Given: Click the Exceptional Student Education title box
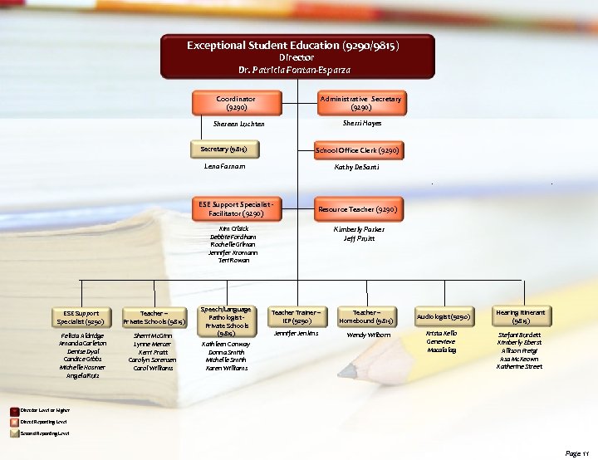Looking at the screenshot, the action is click(297, 56).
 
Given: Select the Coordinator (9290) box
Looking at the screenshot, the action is click(235, 103).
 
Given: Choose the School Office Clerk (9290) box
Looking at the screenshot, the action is click(358, 151).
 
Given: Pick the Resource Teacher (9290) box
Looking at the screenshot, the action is click(358, 209).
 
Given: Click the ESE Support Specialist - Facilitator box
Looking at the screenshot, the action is click(235, 209).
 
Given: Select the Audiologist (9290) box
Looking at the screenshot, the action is click(444, 316).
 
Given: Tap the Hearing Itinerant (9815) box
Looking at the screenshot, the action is click(522, 316).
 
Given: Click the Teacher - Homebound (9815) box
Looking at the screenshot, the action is click(367, 316).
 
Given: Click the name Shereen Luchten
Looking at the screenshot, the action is click(235, 125).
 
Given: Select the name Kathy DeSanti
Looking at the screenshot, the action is click(358, 167).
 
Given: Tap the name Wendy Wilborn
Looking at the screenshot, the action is click(368, 335).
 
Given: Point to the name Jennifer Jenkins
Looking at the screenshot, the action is click(297, 333).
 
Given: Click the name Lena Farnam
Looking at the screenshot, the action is click(224, 167).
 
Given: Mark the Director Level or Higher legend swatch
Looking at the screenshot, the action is click(15, 410).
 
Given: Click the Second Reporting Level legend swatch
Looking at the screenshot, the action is click(15, 433).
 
